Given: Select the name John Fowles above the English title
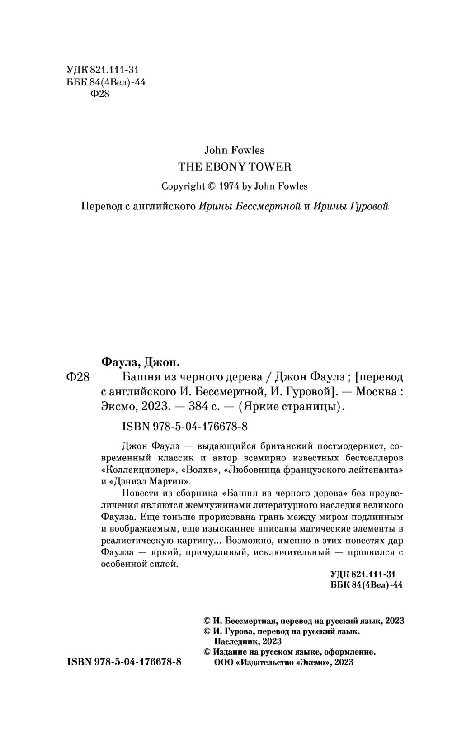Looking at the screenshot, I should pyautogui.click(x=235, y=150).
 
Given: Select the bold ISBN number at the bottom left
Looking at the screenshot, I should pyautogui.click(x=124, y=662).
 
